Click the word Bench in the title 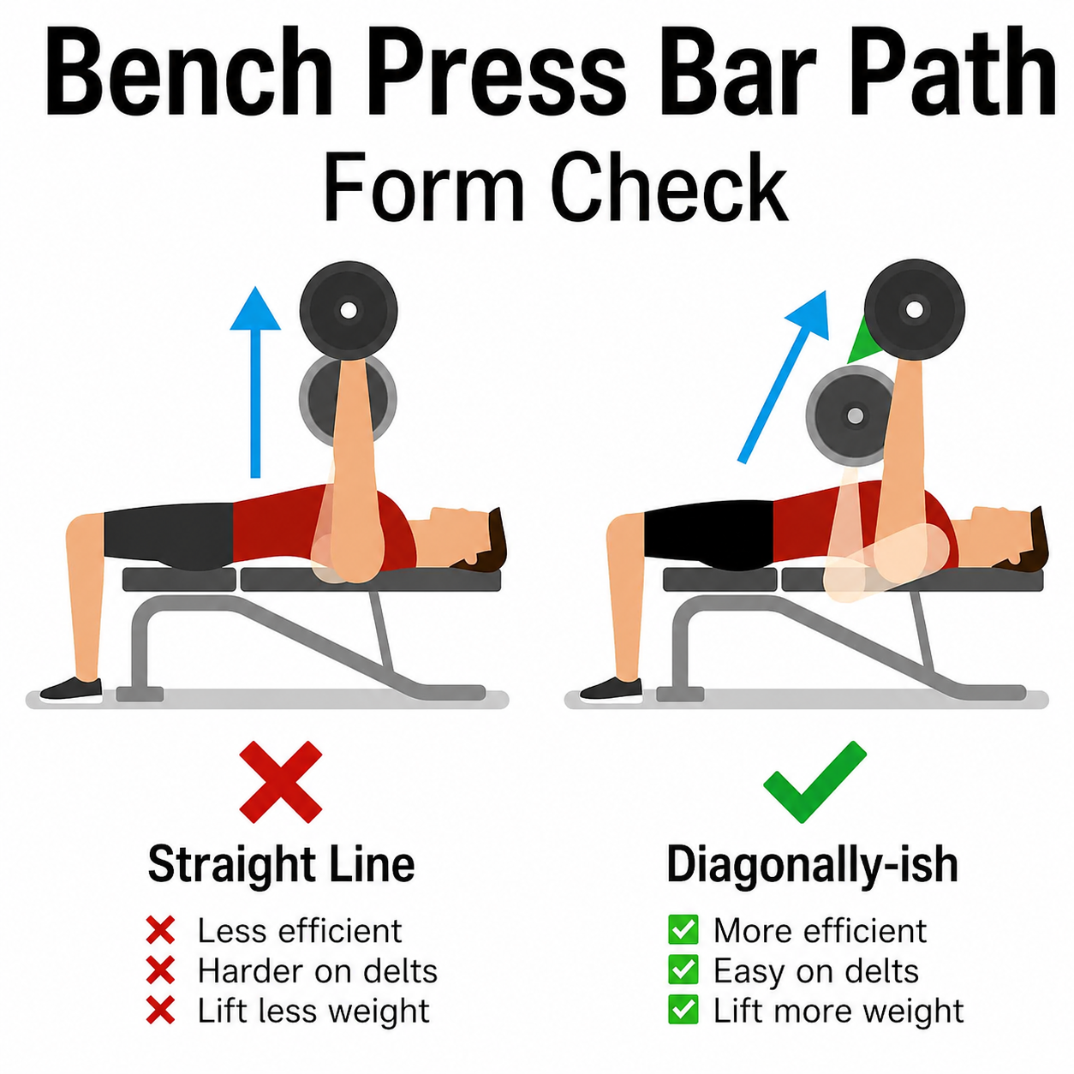coord(188,73)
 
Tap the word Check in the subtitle coord(668,188)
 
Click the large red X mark coord(281,782)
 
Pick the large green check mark coord(814,781)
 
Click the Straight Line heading coord(281,864)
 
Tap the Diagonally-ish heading coord(812,864)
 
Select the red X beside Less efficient coord(160,931)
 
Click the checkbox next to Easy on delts coord(683,970)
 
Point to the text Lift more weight coord(838,1011)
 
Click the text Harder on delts coord(317,971)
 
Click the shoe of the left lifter coord(72,688)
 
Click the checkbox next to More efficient coord(683,930)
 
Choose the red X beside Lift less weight coord(160,1011)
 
